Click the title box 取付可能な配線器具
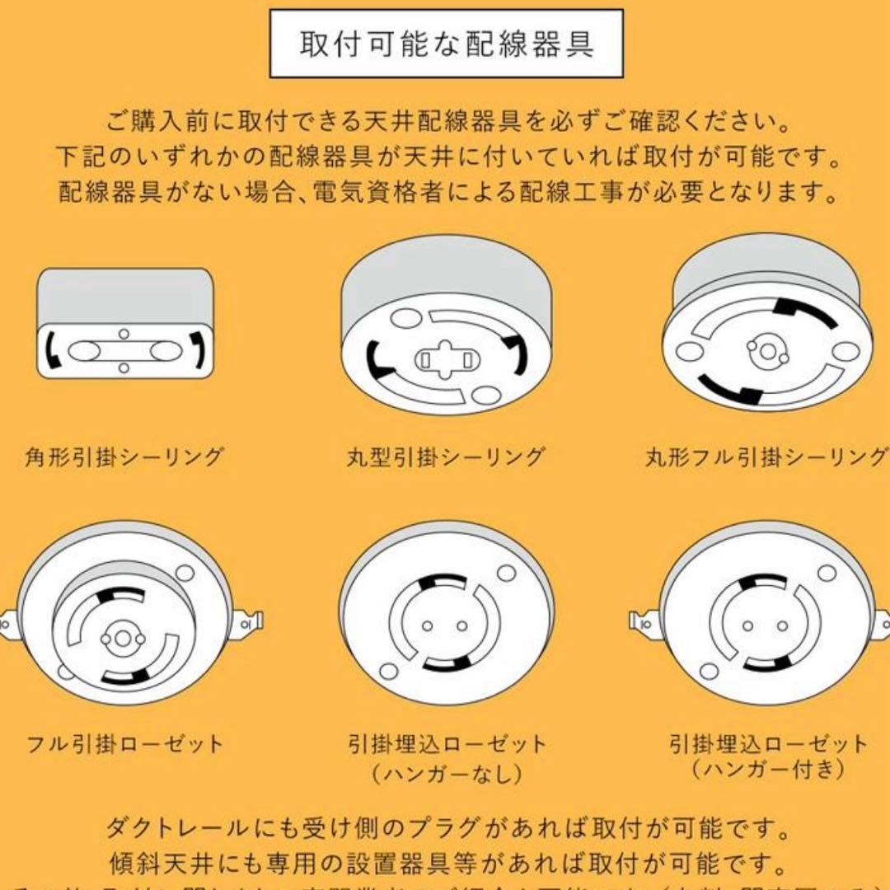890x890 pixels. pyautogui.click(x=446, y=44)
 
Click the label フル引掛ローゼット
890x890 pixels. pyautogui.click(x=124, y=745)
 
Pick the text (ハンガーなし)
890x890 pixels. pyautogui.click(x=446, y=773)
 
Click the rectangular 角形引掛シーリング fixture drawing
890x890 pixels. pyautogui.click(x=124, y=323)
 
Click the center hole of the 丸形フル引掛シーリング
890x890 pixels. pyautogui.click(x=767, y=352)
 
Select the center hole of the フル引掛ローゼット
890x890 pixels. pyautogui.click(x=122, y=638)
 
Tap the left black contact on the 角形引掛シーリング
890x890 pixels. pyautogui.click(x=53, y=350)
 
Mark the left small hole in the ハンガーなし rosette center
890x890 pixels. pyautogui.click(x=427, y=625)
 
